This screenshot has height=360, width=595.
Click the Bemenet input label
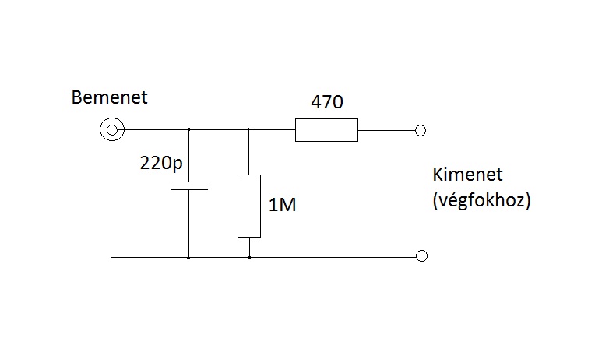pyautogui.click(x=108, y=98)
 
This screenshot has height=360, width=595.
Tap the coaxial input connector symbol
pyautogui.click(x=111, y=129)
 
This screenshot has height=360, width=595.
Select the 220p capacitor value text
pyautogui.click(x=161, y=164)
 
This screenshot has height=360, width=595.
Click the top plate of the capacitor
pyautogui.click(x=189, y=183)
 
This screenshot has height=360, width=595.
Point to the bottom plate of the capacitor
pyautogui.click(x=189, y=189)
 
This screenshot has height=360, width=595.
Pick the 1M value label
pyautogui.click(x=282, y=206)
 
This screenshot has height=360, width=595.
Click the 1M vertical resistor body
pyautogui.click(x=249, y=206)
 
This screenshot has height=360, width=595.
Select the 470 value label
pyautogui.click(x=327, y=102)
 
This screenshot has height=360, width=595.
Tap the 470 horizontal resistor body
pyautogui.click(x=326, y=130)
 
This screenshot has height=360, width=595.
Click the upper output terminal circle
pyautogui.click(x=421, y=130)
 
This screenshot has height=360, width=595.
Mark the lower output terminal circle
pyautogui.click(x=421, y=256)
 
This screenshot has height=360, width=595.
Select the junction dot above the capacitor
pyautogui.click(x=189, y=130)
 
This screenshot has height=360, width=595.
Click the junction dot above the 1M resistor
pyautogui.click(x=249, y=130)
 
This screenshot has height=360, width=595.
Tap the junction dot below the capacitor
pyautogui.click(x=189, y=256)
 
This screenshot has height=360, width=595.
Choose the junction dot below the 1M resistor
pyautogui.click(x=249, y=256)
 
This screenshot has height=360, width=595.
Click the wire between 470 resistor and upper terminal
pyautogui.click(x=387, y=130)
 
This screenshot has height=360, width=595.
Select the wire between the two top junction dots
pyautogui.click(x=219, y=130)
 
